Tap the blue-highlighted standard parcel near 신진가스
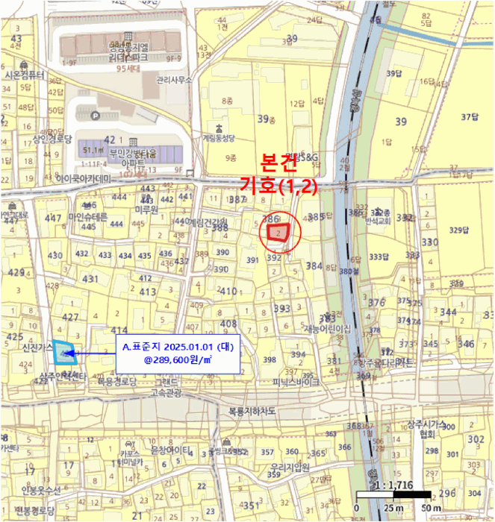(65, 353)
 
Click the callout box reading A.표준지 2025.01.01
(177, 353)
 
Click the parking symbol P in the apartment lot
(95, 116)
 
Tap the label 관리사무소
(175, 79)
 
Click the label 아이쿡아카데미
(83, 179)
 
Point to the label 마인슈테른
(88, 217)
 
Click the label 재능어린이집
(327, 329)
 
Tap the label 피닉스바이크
(296, 382)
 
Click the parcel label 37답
(468, 116)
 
